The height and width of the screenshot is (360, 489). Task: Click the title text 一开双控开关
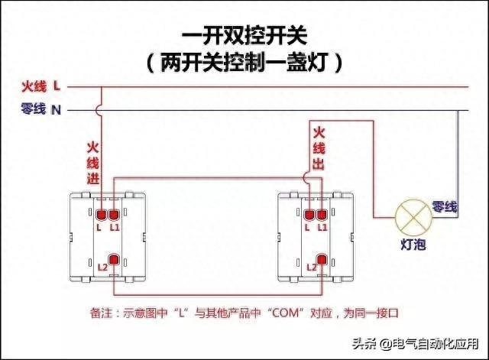(x=244, y=36)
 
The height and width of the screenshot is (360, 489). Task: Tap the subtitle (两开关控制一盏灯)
(x=244, y=62)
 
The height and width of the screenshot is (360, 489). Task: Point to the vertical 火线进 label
(x=93, y=162)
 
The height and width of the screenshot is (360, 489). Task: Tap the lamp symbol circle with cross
(x=411, y=216)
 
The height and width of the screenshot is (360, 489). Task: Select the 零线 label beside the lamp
(x=445, y=207)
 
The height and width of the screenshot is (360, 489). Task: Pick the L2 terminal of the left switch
(x=113, y=261)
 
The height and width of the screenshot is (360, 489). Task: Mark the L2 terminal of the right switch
(x=322, y=261)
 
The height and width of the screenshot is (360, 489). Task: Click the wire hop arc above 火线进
(x=100, y=109)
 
